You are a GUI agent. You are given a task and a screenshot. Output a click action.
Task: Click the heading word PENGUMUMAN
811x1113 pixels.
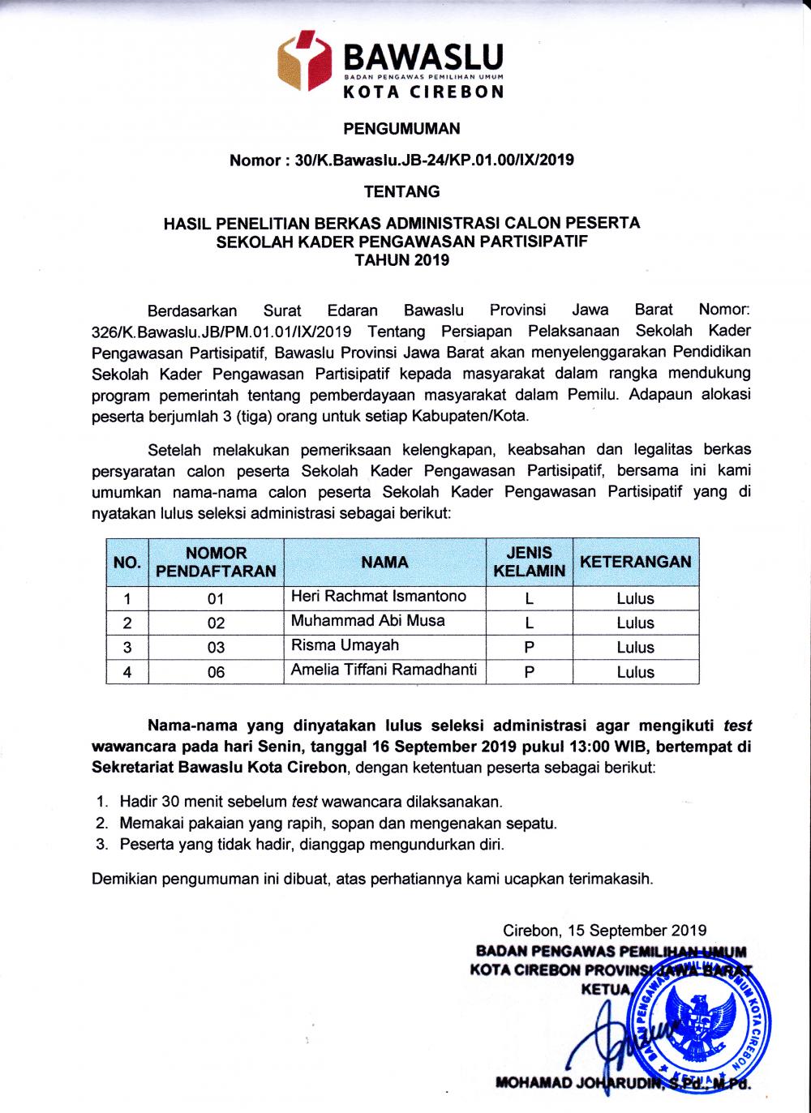(x=401, y=128)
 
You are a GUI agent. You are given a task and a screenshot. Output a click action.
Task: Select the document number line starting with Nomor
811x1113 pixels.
(x=401, y=160)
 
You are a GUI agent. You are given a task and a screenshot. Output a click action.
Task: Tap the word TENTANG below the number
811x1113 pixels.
(x=401, y=192)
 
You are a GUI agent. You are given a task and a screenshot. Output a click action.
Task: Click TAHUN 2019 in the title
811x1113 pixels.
(x=401, y=260)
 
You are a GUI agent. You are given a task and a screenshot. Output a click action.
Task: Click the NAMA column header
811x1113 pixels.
(x=384, y=562)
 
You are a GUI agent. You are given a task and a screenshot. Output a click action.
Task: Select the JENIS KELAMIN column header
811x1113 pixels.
(x=529, y=562)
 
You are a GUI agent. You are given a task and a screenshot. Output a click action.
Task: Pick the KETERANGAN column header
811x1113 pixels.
(x=635, y=562)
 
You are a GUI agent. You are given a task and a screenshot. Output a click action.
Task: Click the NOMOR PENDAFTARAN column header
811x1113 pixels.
(x=216, y=562)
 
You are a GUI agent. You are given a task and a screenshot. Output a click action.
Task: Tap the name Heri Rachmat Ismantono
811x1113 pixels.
(x=379, y=597)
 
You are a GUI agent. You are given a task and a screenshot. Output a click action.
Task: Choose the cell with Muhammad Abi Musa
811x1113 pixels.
(x=368, y=621)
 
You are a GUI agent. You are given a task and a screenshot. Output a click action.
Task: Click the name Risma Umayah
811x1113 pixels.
(x=345, y=646)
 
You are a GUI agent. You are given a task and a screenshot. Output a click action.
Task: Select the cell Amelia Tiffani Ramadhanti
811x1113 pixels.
(x=384, y=670)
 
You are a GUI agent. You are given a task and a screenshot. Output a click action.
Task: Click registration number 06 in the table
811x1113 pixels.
(x=216, y=672)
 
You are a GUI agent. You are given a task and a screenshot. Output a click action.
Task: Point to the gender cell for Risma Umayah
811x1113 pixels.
(x=529, y=648)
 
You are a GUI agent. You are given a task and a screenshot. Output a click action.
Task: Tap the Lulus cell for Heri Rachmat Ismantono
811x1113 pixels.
(x=635, y=599)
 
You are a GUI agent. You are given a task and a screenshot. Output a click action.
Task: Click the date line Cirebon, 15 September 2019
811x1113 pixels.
(x=604, y=931)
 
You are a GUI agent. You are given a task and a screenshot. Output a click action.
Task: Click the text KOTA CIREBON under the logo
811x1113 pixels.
(x=423, y=92)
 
